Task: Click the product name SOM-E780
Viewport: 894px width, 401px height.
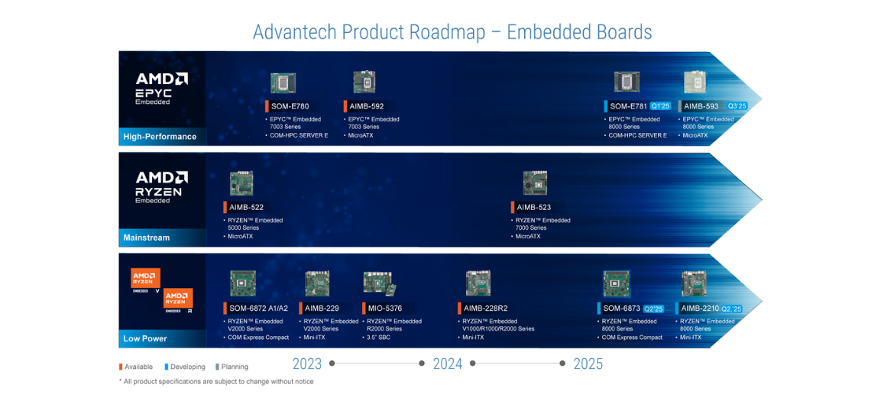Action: pos(290,106)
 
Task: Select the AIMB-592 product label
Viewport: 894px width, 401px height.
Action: pos(367,106)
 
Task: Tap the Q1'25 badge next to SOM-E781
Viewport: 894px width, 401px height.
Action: pos(660,106)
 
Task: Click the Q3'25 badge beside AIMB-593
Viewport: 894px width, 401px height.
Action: pos(737,106)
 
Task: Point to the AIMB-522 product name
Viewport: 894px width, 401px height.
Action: pos(246,207)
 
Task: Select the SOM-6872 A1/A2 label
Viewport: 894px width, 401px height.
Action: pos(258,309)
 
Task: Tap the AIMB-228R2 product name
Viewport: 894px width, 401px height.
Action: pos(485,309)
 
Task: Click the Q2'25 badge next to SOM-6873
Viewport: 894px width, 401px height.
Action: pos(653,309)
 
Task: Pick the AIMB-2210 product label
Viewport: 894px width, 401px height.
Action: pos(699,309)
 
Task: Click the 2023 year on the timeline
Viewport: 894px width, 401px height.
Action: pos(307,364)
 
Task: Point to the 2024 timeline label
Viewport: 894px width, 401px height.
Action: pos(448,364)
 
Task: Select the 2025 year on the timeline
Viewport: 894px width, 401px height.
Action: pos(588,364)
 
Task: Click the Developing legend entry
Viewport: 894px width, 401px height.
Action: pos(187,367)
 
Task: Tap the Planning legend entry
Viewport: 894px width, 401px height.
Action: pos(234,367)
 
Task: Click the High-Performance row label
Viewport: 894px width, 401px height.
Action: pos(160,137)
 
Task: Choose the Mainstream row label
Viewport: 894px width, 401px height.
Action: pos(147,238)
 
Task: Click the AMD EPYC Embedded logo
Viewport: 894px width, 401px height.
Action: pos(161,88)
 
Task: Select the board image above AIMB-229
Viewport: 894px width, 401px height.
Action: pos(317,283)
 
